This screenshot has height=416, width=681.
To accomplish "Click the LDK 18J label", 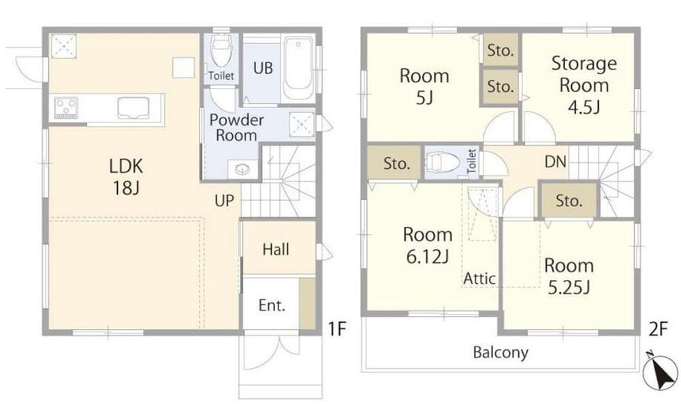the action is (x=126, y=177).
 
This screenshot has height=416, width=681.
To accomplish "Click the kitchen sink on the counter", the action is (x=133, y=108).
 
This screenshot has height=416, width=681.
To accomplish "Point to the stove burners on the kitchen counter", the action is (x=66, y=108).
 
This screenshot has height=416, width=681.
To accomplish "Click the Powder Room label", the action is (x=236, y=128).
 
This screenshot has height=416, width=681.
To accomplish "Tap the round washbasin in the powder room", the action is (x=242, y=168).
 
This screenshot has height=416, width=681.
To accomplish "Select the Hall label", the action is (x=276, y=249).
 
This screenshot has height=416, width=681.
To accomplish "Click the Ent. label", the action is (x=272, y=305).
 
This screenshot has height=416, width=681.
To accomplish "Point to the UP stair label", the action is (x=224, y=201).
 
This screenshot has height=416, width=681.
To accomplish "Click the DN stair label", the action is (x=556, y=161).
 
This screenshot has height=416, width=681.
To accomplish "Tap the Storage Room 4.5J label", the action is (x=584, y=84).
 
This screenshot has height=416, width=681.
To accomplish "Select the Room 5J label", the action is (x=424, y=86).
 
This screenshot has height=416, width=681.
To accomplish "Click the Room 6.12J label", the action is (x=428, y=245).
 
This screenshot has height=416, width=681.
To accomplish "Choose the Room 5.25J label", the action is (x=569, y=276).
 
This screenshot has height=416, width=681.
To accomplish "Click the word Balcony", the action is (x=501, y=352).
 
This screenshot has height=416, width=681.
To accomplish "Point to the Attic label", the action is (x=479, y=278).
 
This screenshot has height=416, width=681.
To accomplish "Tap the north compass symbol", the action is (x=661, y=371).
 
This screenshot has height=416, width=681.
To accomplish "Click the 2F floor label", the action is (x=658, y=329).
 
